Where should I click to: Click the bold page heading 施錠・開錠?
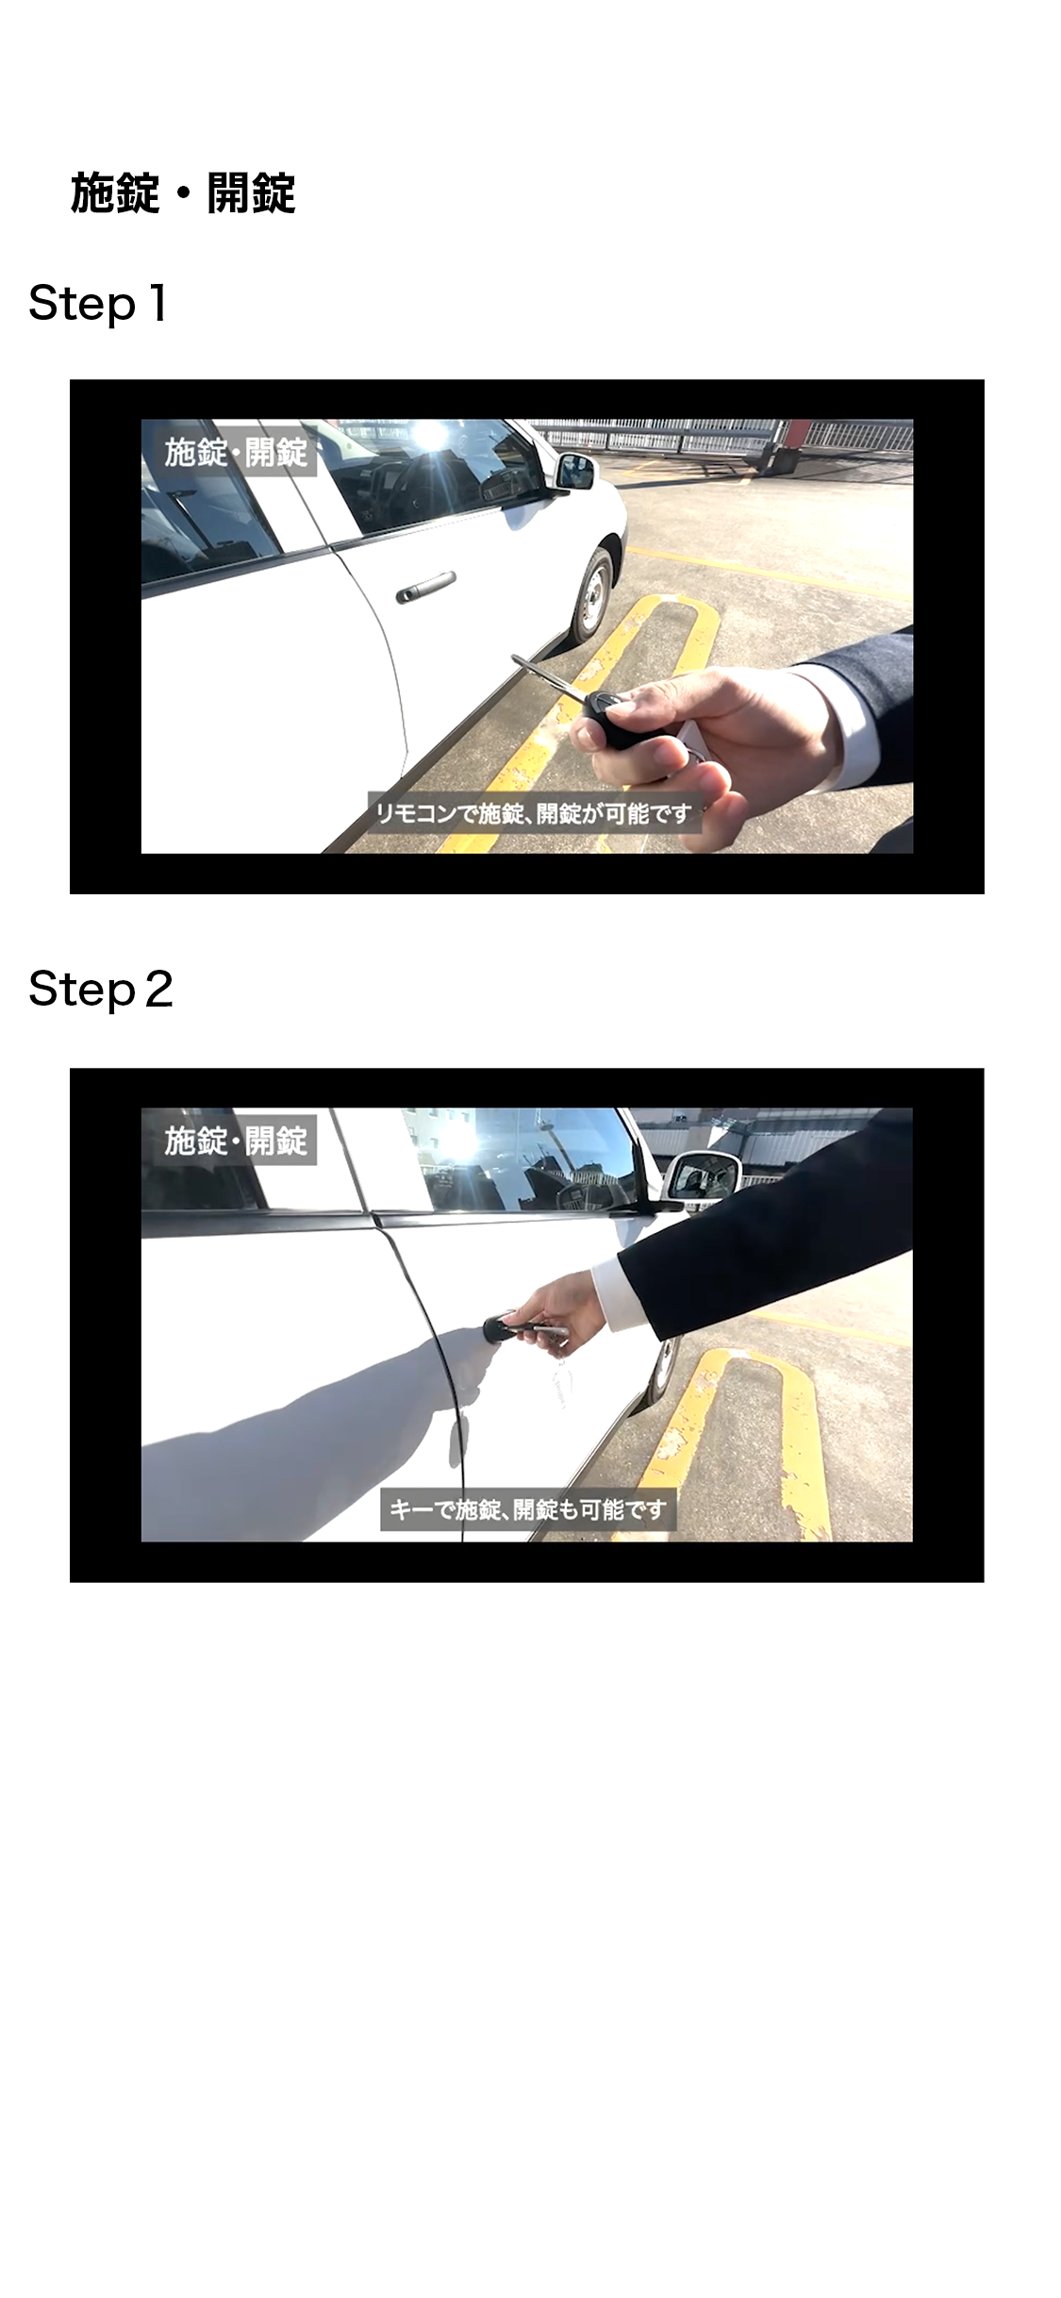[183, 193]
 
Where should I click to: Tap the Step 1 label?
[98, 305]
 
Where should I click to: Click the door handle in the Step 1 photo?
[425, 587]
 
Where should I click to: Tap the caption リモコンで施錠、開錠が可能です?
[534, 812]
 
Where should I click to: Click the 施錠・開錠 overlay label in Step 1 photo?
[236, 453]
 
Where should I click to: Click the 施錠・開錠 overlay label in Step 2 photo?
[236, 1141]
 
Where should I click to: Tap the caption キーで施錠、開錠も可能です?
[528, 1509]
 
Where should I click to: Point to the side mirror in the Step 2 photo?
[702, 1177]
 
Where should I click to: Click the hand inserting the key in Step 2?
[556, 1307]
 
